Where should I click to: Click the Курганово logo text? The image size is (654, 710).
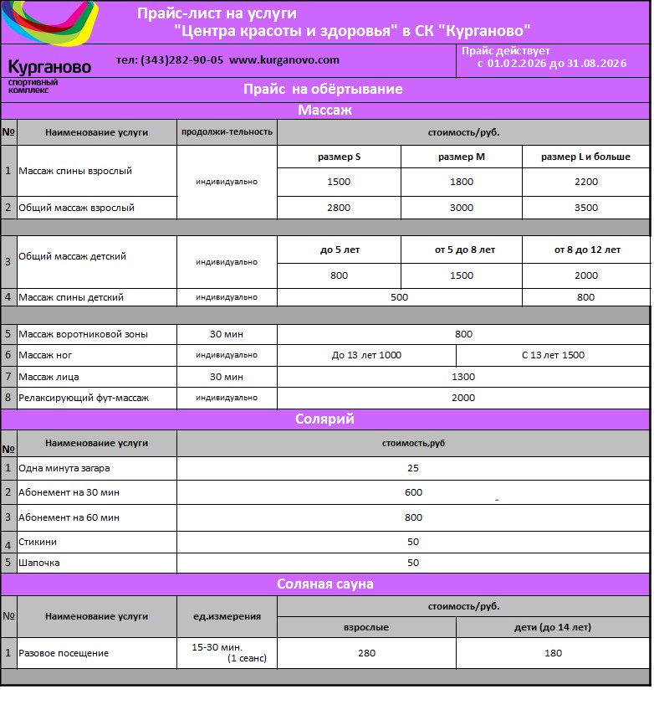coord(49,68)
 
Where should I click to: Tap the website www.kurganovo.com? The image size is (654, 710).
coord(284,60)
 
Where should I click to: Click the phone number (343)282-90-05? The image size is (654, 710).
coord(181,60)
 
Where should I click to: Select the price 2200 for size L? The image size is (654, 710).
coord(586,182)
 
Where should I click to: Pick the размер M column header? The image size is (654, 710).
coord(462,157)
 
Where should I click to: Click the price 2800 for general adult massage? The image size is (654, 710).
coord(339,208)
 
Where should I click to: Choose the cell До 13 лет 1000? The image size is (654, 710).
coord(366,355)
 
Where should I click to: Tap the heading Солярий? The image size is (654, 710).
coord(325,419)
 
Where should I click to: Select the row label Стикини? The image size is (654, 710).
coord(38,542)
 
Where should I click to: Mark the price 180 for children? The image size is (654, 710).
coord(553,653)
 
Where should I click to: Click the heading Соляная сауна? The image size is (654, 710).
coord(325,584)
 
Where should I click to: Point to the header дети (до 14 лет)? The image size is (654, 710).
coord(552,627)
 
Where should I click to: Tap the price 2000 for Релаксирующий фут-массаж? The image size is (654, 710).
coord(462,398)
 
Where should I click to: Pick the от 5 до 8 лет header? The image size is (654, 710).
coord(462,250)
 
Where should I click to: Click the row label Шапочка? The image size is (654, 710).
coord(39,563)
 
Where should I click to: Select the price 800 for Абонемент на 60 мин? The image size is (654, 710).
coord(413,517)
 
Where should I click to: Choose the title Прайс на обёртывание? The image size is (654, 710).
coord(323,89)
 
